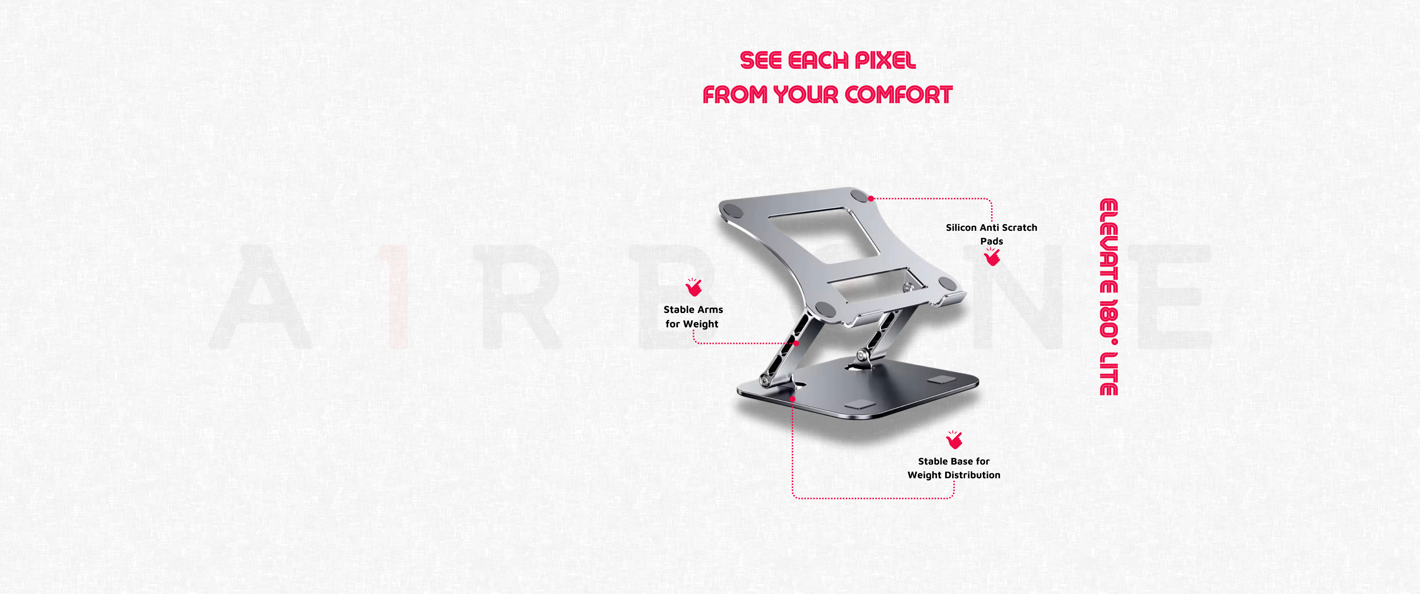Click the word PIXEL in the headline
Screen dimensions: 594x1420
pos(885,60)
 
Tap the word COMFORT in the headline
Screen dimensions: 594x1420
pos(899,95)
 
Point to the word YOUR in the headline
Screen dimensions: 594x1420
pos(807,95)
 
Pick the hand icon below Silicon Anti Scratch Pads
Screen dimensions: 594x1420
pos(992,256)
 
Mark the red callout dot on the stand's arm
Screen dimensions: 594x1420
pos(796,344)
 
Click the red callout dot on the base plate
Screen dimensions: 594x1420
pos(792,398)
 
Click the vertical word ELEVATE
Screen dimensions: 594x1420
pos(1109,246)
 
